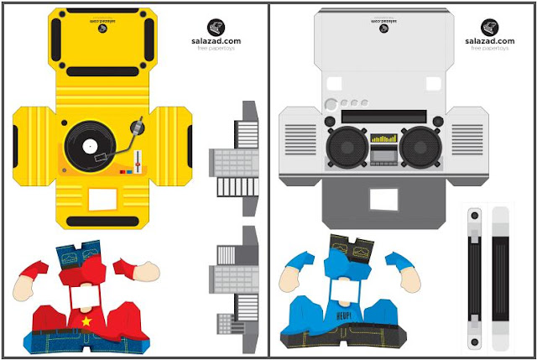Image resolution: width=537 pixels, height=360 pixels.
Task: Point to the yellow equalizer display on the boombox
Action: (383, 138)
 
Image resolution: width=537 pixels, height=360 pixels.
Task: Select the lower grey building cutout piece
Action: (234, 281)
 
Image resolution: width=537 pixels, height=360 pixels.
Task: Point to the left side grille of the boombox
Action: (299, 146)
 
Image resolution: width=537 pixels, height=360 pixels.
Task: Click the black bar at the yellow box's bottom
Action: (102, 222)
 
